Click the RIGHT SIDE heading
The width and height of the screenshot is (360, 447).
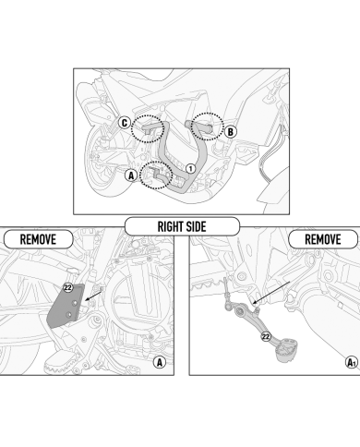pos(181,224)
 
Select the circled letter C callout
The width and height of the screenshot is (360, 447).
pos(125,121)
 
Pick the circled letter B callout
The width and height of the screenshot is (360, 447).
pos(230,132)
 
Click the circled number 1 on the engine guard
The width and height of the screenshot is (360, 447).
pos(189,168)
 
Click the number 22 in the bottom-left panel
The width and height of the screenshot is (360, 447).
pos(68,289)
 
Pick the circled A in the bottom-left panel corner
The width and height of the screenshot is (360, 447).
pos(158,362)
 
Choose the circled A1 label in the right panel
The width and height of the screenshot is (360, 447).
pos(351,362)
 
